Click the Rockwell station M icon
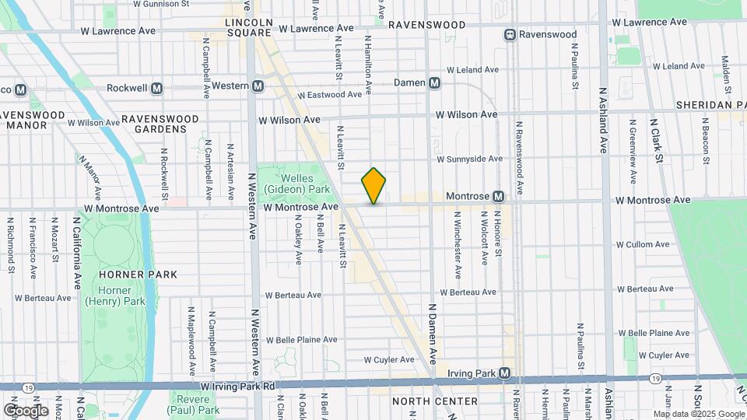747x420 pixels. pos(157,88)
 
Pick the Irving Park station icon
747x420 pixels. pos(505,373)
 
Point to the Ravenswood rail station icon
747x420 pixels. pos(510,34)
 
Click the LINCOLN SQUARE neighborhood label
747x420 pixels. pos(247,28)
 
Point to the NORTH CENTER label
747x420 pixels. pos(435,401)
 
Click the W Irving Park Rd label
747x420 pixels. pos(238,386)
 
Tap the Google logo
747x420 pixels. pos(26,410)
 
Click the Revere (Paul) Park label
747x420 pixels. pos(197,404)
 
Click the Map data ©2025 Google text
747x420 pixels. pos(698,414)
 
